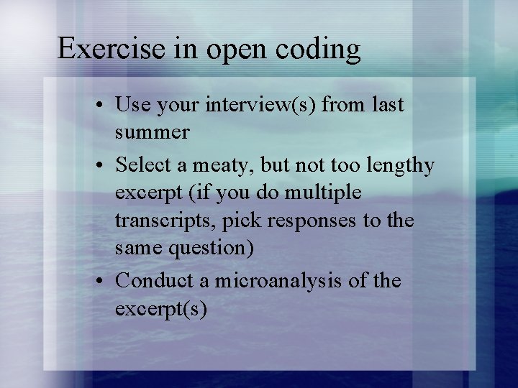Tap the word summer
152,133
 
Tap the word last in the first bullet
388,106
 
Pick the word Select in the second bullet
144,165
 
